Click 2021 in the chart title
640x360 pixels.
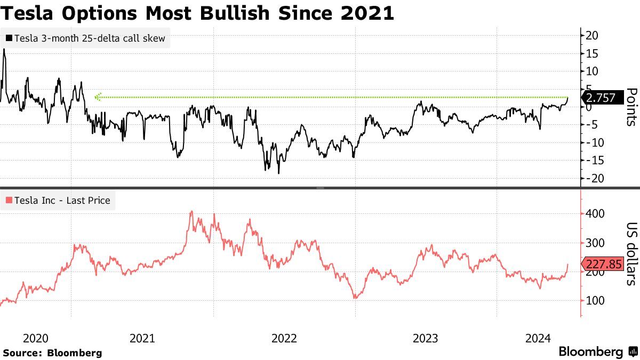(368, 13)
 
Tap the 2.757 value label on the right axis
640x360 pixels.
(601, 98)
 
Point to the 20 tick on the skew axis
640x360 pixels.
(591, 36)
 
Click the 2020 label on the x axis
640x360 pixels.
(36, 338)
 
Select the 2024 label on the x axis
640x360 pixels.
(538, 338)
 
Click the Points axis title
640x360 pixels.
(630, 107)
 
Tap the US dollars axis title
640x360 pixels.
(630, 254)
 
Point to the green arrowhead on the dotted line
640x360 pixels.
(98, 97)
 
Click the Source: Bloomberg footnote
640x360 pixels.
(52, 353)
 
